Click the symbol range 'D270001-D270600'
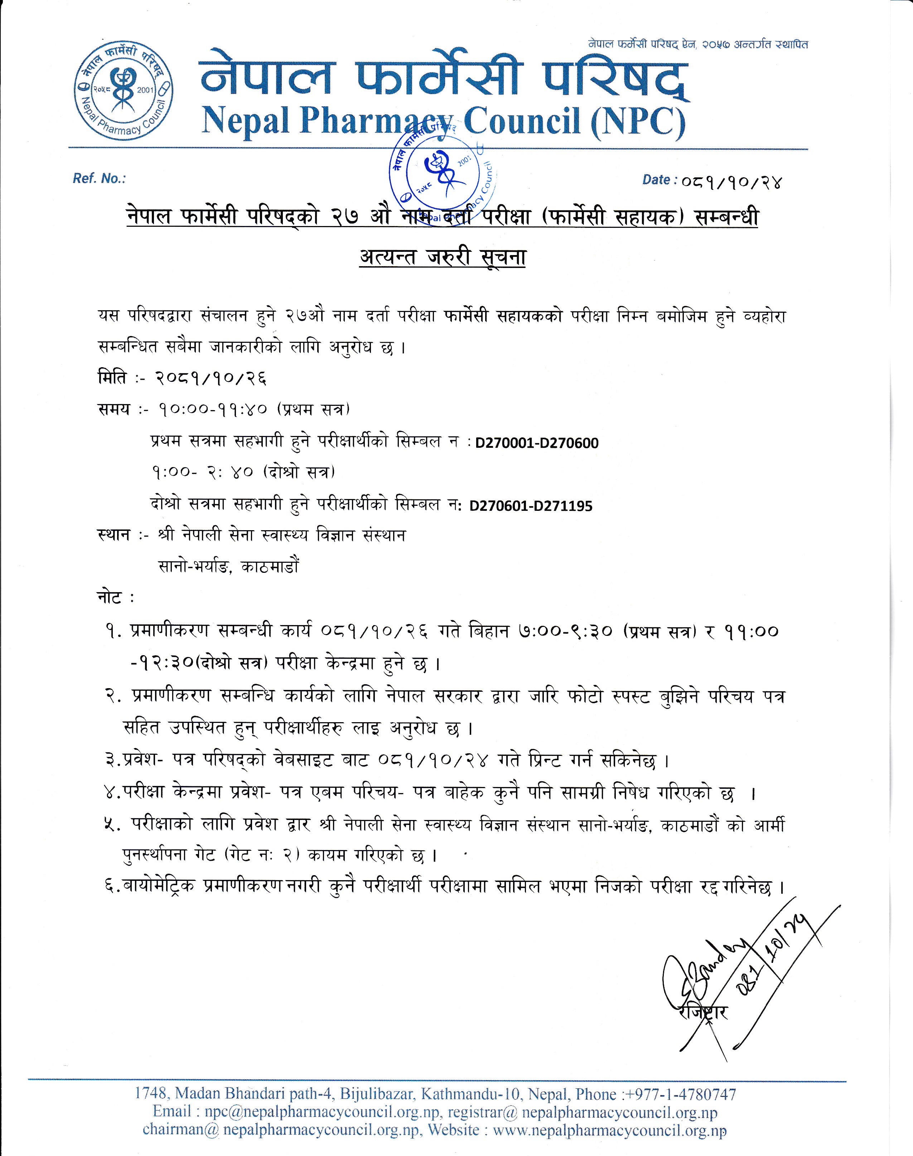537,443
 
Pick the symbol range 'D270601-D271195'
531,506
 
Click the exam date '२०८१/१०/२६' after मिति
210,379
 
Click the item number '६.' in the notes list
112,887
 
